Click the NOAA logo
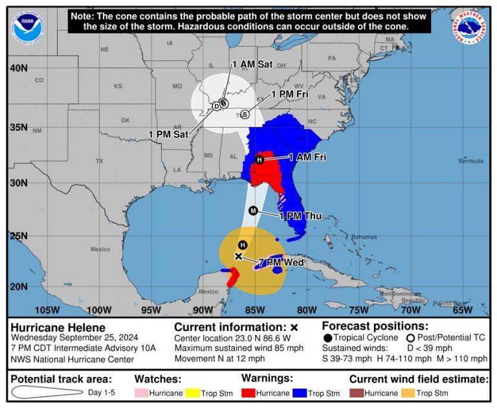tap(25, 25)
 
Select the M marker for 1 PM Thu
tap(253, 210)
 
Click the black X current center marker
tap(238, 256)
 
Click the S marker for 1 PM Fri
tap(244, 115)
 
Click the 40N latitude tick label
tap(18, 68)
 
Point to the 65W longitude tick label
tap(461, 309)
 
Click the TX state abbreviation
tap(99, 160)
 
